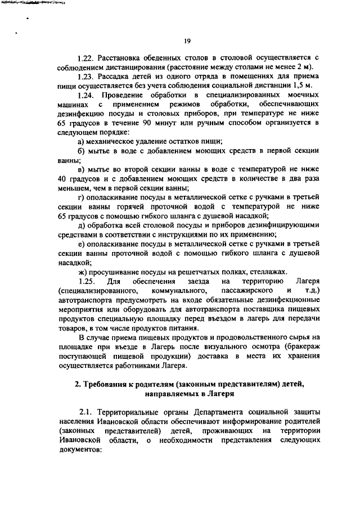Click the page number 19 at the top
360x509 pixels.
click(188, 40)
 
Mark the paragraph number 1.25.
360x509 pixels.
click(89, 280)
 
